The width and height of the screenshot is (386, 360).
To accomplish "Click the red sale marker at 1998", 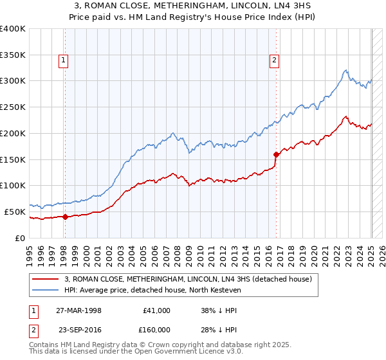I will pos(65,217).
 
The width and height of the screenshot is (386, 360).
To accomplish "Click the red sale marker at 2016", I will pos(276,154).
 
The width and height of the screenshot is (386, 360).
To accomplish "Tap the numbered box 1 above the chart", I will pos(64,61).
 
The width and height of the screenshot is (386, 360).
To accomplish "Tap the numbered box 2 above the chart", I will pos(275,61).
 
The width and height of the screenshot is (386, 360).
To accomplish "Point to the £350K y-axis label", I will pos(13,55).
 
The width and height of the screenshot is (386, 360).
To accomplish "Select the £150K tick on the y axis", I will pos(13,159).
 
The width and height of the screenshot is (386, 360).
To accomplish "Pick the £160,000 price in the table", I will pos(156,329).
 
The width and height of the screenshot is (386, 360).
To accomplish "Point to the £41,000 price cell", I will pos(156,310).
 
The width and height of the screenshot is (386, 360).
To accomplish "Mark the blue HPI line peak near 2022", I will pos(345,70).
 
